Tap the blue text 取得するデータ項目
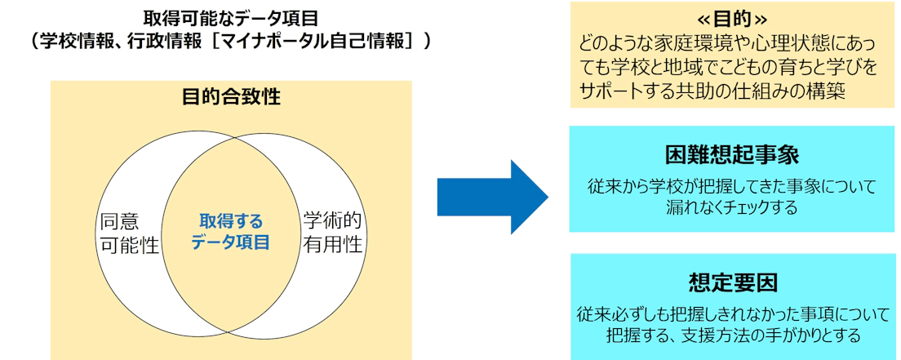point(231,231)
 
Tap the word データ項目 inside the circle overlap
point(231,242)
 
